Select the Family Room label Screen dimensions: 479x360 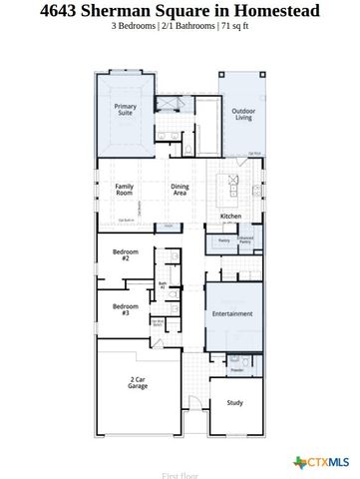click(x=126, y=190)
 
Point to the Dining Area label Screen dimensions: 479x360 click(x=180, y=190)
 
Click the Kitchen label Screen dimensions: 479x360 click(x=231, y=216)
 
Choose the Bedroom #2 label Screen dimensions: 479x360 click(x=125, y=255)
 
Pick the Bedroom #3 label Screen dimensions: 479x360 click(x=125, y=308)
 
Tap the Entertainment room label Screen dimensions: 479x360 click(x=233, y=313)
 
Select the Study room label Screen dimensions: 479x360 click(x=234, y=402)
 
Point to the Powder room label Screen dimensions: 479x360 click(x=236, y=370)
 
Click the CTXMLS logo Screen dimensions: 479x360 click(x=324, y=461)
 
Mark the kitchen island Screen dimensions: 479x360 click(x=230, y=186)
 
